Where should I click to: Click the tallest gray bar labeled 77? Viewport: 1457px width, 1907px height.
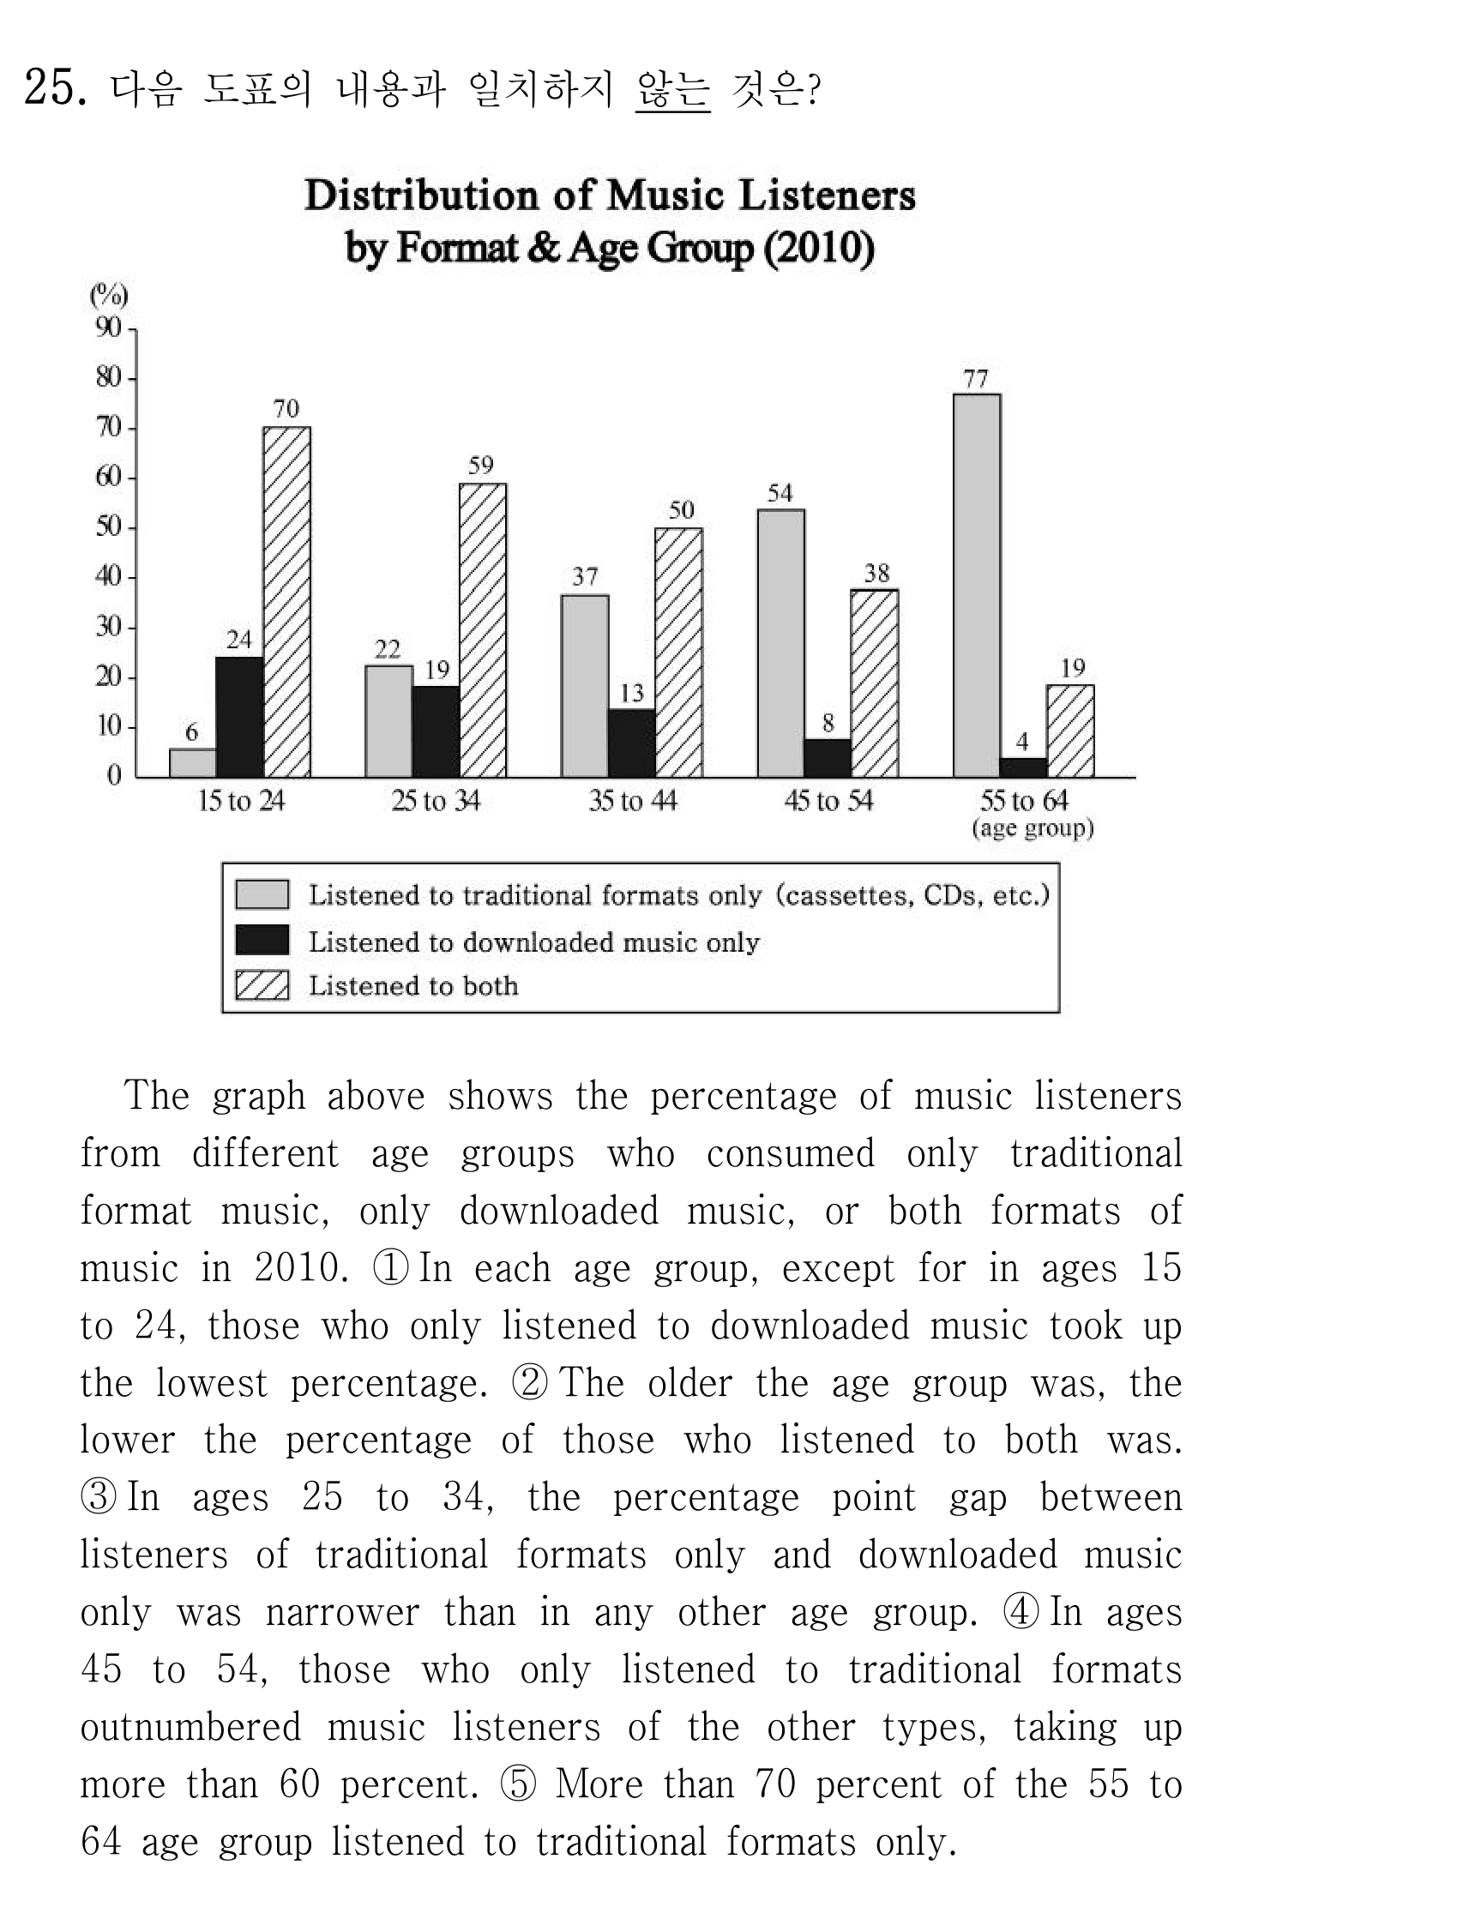tap(977, 586)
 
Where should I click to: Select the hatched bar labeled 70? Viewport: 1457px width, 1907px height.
tap(287, 602)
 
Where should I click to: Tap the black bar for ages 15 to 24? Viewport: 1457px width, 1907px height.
tap(239, 717)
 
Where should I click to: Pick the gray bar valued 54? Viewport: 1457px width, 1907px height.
tap(780, 643)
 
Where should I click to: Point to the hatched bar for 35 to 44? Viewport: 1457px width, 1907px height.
tap(679, 653)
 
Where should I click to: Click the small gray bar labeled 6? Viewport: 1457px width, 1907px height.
tap(193, 763)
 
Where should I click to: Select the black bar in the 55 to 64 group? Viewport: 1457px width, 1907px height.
tap(1023, 768)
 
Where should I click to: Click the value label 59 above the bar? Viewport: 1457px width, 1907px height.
tap(480, 466)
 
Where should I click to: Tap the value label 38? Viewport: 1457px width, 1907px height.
tap(876, 574)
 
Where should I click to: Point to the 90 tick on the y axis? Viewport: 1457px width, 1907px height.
tap(108, 328)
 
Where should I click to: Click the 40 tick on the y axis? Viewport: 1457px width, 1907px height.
tap(108, 576)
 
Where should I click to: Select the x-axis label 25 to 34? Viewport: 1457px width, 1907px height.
tap(436, 800)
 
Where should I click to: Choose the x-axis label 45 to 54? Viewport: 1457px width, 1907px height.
tap(828, 800)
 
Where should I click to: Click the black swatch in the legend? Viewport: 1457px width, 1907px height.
tap(262, 940)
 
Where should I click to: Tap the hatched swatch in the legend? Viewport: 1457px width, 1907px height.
tap(262, 985)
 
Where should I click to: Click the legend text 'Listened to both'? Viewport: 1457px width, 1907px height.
tap(413, 986)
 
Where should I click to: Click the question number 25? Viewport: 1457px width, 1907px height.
tap(55, 87)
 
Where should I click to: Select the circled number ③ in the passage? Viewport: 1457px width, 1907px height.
tap(98, 1498)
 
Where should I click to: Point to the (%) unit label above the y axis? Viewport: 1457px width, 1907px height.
tap(109, 297)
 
